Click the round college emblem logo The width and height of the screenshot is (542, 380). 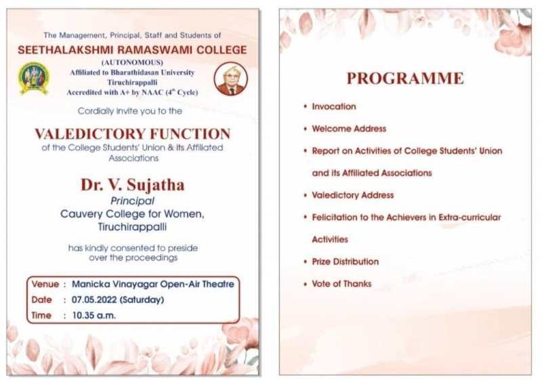click(33, 79)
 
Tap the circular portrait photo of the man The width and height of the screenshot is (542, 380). click(230, 79)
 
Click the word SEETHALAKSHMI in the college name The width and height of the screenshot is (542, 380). click(66, 49)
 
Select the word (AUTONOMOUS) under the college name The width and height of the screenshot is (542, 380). click(132, 62)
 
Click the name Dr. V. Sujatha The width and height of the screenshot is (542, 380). click(132, 185)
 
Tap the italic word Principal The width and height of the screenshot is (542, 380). click(132, 200)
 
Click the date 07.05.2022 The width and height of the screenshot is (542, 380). click(94, 299)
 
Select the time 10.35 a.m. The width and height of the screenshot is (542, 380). click(94, 316)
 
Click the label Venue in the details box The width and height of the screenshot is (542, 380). click(45, 284)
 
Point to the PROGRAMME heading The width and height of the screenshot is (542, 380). click(404, 79)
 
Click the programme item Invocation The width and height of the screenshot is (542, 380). click(334, 106)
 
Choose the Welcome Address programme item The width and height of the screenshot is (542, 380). click(349, 129)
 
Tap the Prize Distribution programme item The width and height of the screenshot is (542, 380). click(346, 261)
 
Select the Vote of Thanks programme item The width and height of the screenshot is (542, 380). click(341, 284)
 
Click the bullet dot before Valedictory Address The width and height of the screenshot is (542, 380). click(306, 195)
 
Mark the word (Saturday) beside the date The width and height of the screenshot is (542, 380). click(142, 299)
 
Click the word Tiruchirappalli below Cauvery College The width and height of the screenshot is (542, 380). click(132, 227)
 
